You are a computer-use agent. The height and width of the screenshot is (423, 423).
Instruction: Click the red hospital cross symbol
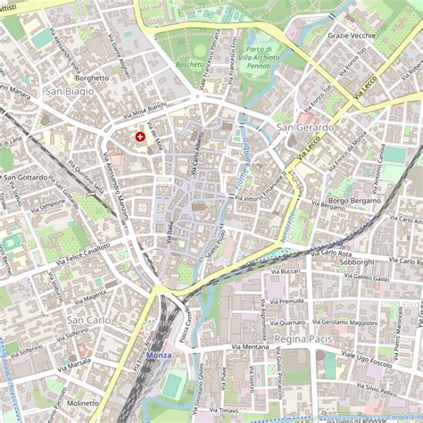click(139, 137)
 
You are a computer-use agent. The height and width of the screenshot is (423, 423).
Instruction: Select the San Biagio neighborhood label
click(68, 92)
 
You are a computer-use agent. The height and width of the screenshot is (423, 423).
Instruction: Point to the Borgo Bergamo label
click(356, 203)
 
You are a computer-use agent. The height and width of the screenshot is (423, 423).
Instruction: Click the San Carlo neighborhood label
click(88, 319)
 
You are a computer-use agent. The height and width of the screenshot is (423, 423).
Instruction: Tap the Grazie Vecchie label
click(352, 36)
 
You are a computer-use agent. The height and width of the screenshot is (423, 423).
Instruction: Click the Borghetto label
click(92, 78)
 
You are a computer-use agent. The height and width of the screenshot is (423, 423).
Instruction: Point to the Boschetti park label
click(188, 64)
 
